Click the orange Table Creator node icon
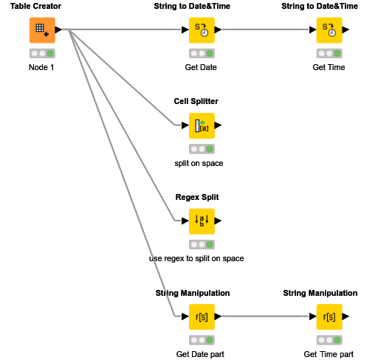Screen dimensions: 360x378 42,30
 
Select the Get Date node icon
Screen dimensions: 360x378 202,30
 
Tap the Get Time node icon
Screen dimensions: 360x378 329,30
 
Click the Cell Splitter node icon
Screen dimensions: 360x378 202,125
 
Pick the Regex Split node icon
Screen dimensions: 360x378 202,221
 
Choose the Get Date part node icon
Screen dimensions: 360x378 202,316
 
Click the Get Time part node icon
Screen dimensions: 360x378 329,316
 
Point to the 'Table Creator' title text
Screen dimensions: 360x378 35,6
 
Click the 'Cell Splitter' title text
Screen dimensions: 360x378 196,101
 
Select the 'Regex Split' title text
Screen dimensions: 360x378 196,197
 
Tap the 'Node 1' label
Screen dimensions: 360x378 41,67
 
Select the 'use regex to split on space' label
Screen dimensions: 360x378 196,258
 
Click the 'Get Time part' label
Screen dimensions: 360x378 329,354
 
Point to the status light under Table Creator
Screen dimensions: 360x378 42,54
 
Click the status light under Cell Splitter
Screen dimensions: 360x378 202,149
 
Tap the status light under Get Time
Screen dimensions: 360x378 329,54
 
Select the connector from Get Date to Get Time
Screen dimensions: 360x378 266,30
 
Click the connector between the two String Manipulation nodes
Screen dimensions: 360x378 266,316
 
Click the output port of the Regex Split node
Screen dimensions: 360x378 218,221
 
